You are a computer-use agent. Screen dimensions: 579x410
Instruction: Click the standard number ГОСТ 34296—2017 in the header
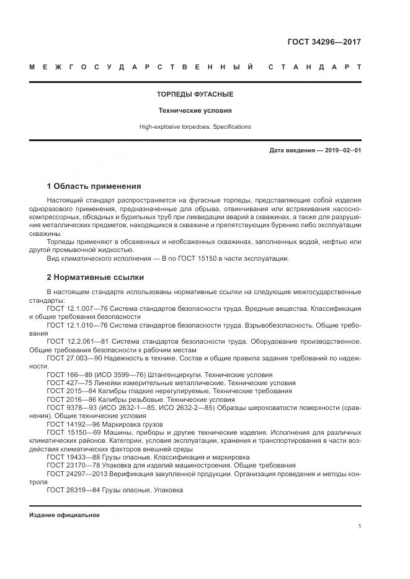click(x=324, y=43)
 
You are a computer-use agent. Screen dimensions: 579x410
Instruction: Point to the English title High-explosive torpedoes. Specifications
click(x=195, y=126)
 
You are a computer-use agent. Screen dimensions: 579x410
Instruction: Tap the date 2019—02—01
click(x=341, y=150)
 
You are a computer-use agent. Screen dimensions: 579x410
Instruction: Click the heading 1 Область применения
click(x=94, y=186)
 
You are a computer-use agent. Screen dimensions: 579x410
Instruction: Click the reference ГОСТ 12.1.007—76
click(x=76, y=308)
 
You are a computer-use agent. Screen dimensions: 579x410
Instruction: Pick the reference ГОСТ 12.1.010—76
click(x=76, y=324)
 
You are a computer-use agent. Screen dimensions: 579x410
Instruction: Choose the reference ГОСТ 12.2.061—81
click(x=76, y=341)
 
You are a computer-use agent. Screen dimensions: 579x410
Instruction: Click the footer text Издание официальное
click(x=64, y=515)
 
